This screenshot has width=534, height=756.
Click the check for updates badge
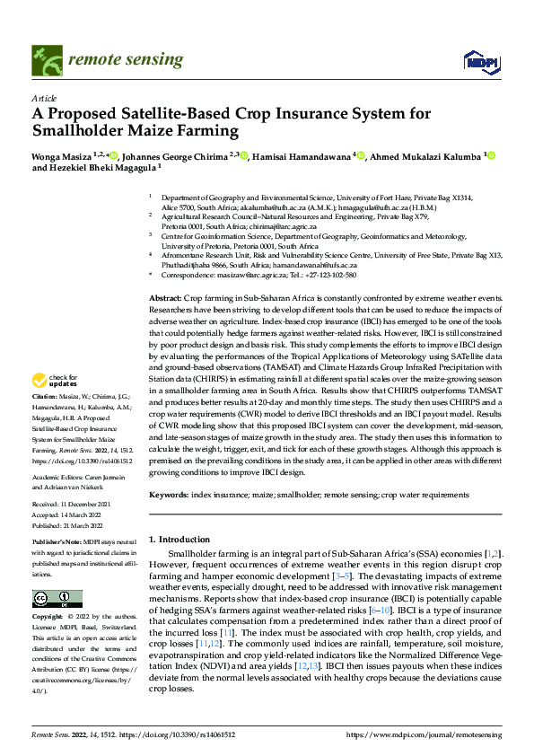pyautogui.click(x=56, y=407)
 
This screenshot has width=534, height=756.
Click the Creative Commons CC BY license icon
pyautogui.click(x=57, y=598)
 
